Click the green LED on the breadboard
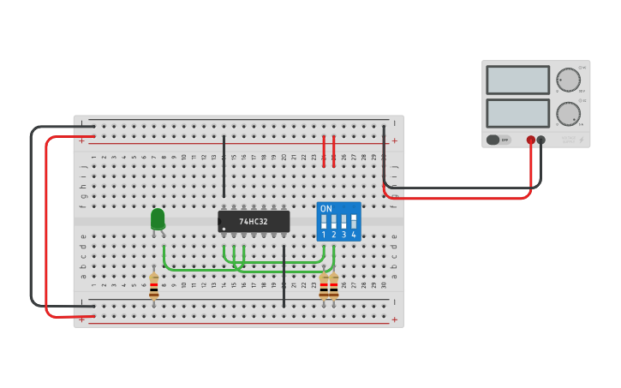point(158,219)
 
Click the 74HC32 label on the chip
point(254,222)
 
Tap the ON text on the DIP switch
point(325,208)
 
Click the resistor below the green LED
point(154,286)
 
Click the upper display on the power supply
point(517,81)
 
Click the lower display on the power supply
point(517,113)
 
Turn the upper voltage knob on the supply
point(567,81)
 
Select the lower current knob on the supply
point(567,114)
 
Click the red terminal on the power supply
point(531,140)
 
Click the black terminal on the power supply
point(540,140)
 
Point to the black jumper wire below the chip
point(284,276)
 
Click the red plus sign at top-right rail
point(394,140)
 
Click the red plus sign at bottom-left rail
point(82,319)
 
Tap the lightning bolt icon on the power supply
point(581,140)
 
